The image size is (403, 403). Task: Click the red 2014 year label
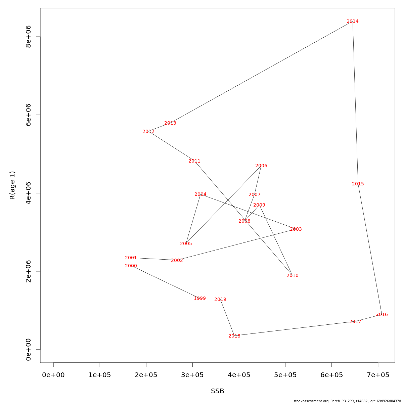coord(352,21)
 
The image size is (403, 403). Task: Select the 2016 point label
coord(382,315)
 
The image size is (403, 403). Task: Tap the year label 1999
coord(199,299)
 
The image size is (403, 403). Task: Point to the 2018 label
coord(234,336)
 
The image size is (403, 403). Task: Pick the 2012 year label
coord(148,132)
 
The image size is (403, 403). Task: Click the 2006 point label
coord(261,166)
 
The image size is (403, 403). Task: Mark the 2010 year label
coord(292,276)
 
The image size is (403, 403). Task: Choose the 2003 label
coord(296,229)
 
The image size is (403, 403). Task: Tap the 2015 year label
coord(358,184)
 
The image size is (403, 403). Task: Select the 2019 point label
coord(220,300)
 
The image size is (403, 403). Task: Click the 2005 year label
coord(186,244)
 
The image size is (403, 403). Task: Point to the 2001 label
coord(131,258)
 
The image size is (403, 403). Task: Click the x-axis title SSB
coord(217,391)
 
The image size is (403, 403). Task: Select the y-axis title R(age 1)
coord(12,185)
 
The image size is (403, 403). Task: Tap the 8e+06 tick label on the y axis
coord(29,37)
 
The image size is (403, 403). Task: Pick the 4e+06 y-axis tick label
coord(29,193)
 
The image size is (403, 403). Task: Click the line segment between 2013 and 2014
coord(262,72)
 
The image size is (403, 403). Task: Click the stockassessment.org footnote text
coord(347,401)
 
